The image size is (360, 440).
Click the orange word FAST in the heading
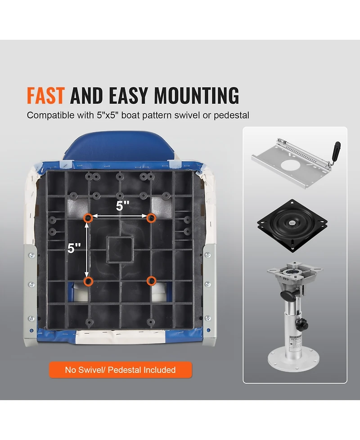(x=46, y=95)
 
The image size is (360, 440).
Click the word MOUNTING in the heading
(x=197, y=95)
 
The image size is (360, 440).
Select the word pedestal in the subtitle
(x=231, y=115)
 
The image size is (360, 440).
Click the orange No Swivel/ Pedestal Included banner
(x=121, y=370)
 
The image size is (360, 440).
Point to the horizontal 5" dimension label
(x=123, y=206)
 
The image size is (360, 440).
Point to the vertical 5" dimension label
(x=74, y=248)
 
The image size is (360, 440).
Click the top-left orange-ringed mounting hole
(x=88, y=218)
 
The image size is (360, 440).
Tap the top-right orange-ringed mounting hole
(x=151, y=218)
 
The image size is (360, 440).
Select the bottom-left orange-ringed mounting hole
(x=89, y=281)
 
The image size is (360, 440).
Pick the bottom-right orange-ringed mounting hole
(x=151, y=280)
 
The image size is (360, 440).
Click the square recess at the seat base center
(x=120, y=249)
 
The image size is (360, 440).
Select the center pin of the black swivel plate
(x=292, y=223)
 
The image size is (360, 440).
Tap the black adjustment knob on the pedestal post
(x=303, y=324)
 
